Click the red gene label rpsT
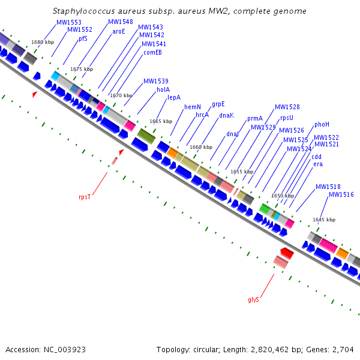(x=85, y=197)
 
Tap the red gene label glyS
(x=253, y=299)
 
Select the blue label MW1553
(x=69, y=22)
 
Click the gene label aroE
(x=118, y=31)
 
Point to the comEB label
(x=152, y=52)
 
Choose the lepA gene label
(x=174, y=98)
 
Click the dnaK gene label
(x=226, y=115)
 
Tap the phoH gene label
(x=322, y=124)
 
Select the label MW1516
(x=341, y=194)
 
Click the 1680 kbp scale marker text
(x=43, y=42)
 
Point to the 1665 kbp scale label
(x=161, y=121)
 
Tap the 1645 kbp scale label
(x=324, y=220)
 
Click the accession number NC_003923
(x=65, y=350)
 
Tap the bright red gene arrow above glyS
(x=287, y=253)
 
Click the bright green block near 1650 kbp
(x=265, y=209)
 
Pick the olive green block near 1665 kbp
(x=146, y=136)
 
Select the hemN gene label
(x=193, y=107)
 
